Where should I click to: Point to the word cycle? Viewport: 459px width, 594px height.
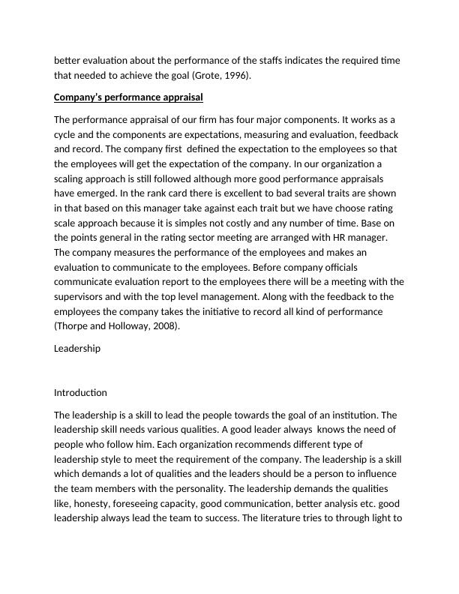coord(67,134)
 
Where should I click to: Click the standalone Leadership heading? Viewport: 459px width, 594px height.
coord(77,349)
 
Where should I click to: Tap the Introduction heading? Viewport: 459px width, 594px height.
coord(80,392)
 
